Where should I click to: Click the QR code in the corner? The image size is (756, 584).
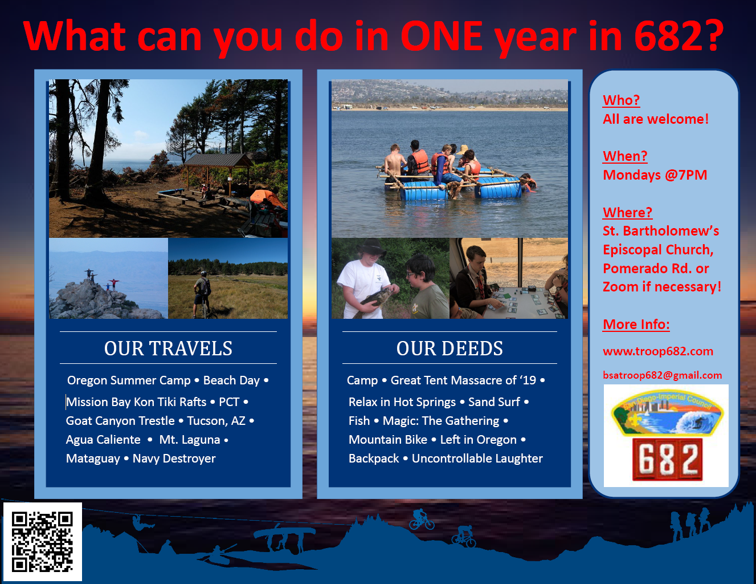pyautogui.click(x=43, y=542)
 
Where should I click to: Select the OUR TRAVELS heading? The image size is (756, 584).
pyautogui.click(x=168, y=348)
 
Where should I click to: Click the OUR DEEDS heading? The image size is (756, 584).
pyautogui.click(x=449, y=348)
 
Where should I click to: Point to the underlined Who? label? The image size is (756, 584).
pyautogui.click(x=621, y=100)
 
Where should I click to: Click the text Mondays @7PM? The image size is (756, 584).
pyautogui.click(x=655, y=175)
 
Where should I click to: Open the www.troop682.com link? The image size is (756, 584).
pyautogui.click(x=658, y=351)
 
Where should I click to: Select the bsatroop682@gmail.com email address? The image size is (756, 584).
pyautogui.click(x=662, y=375)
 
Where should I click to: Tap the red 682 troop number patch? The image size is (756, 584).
pyautogui.click(x=667, y=459)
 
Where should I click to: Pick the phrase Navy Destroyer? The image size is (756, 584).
pyautogui.click(x=174, y=459)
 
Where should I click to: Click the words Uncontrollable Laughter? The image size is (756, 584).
pyautogui.click(x=477, y=459)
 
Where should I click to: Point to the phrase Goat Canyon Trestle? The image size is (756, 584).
pyautogui.click(x=120, y=421)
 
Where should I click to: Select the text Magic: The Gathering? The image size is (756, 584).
pyautogui.click(x=441, y=421)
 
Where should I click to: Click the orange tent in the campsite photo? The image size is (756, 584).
pyautogui.click(x=267, y=198)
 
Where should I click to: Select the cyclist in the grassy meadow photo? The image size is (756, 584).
pyautogui.click(x=202, y=294)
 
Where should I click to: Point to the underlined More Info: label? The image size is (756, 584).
pyautogui.click(x=636, y=324)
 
